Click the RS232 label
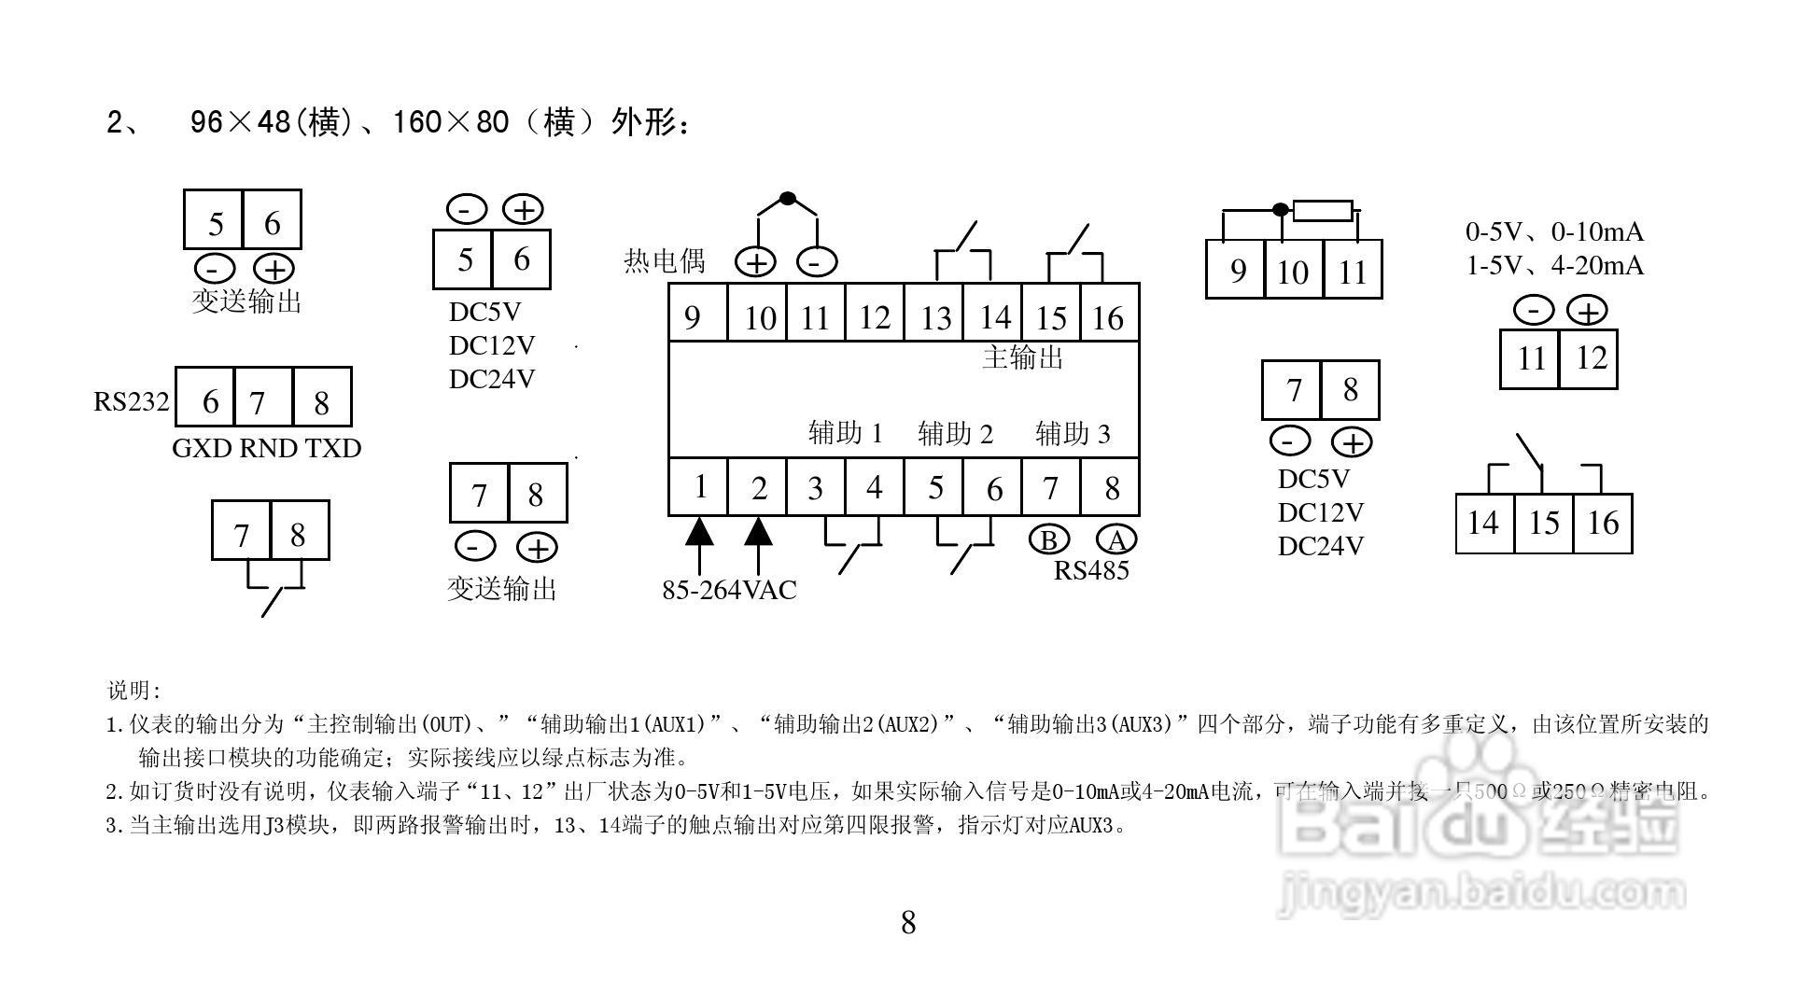click(132, 401)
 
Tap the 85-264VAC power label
click(729, 590)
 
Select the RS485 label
click(1091, 570)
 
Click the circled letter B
click(1049, 540)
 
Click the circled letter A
click(1115, 540)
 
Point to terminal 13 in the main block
click(934, 317)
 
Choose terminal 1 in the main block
click(699, 486)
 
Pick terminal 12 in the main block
click(874, 317)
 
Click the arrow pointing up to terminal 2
click(758, 534)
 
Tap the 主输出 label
click(1022, 357)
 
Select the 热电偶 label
click(664, 260)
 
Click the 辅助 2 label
click(955, 433)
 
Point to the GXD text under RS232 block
click(202, 448)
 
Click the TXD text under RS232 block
click(333, 448)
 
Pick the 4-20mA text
click(1597, 266)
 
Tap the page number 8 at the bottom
click(908, 923)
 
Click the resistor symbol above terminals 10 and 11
click(1323, 210)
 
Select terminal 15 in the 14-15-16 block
click(1543, 523)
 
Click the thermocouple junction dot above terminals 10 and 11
click(787, 199)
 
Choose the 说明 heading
click(134, 691)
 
